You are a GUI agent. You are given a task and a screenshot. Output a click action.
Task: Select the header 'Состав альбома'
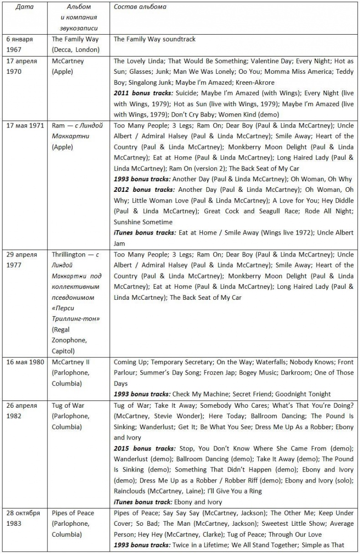tap(140, 7)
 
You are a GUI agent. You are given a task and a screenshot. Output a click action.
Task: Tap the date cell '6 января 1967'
tap(20, 44)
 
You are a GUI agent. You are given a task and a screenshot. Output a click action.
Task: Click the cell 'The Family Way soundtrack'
tap(154, 39)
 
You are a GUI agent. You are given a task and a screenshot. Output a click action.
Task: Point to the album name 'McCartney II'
tap(67, 362)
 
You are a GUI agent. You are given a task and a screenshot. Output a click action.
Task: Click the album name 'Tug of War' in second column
tap(68, 405)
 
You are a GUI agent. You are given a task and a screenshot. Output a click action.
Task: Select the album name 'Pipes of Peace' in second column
tap(73, 513)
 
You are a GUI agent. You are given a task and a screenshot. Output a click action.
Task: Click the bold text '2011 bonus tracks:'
tap(142, 93)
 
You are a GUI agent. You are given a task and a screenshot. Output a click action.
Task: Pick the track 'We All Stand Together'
tap(258, 545)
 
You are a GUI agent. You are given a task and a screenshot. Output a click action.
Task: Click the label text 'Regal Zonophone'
tap(69, 335)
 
